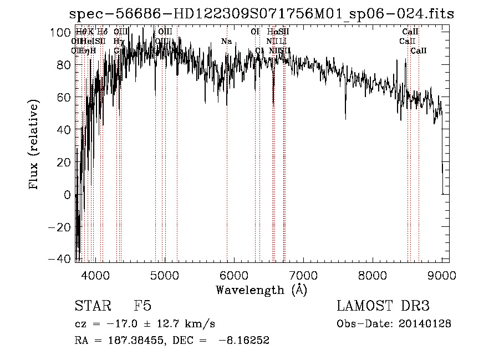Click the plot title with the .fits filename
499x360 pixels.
(x=261, y=14)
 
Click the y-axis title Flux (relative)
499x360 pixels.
(x=34, y=145)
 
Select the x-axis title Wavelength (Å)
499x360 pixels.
(x=261, y=290)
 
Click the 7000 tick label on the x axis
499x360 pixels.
(x=303, y=275)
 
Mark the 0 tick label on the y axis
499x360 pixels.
(x=67, y=195)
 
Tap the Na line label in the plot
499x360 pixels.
(x=226, y=42)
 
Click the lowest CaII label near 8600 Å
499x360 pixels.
(x=419, y=51)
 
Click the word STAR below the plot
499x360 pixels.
(x=91, y=307)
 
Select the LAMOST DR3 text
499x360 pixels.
(x=383, y=307)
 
